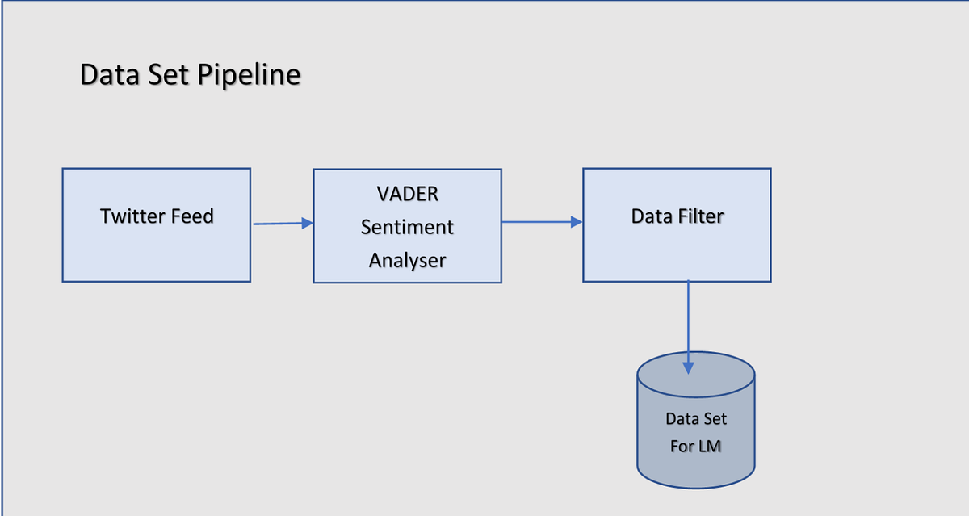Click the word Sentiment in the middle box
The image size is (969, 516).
pyautogui.click(x=407, y=228)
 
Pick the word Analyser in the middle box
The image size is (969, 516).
pyautogui.click(x=407, y=260)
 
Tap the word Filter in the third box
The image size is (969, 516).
pyautogui.click(x=699, y=216)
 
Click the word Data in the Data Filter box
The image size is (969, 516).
pyautogui.click(x=652, y=216)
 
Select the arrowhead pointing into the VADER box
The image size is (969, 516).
pyautogui.click(x=307, y=224)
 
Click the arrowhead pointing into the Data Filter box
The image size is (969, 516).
pyautogui.click(x=577, y=222)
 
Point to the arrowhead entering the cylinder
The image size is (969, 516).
pyautogui.click(x=688, y=367)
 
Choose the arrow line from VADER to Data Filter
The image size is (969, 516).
pyautogui.click(x=536, y=222)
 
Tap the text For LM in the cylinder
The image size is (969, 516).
pyautogui.click(x=695, y=446)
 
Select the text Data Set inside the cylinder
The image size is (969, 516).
pyautogui.click(x=695, y=419)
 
